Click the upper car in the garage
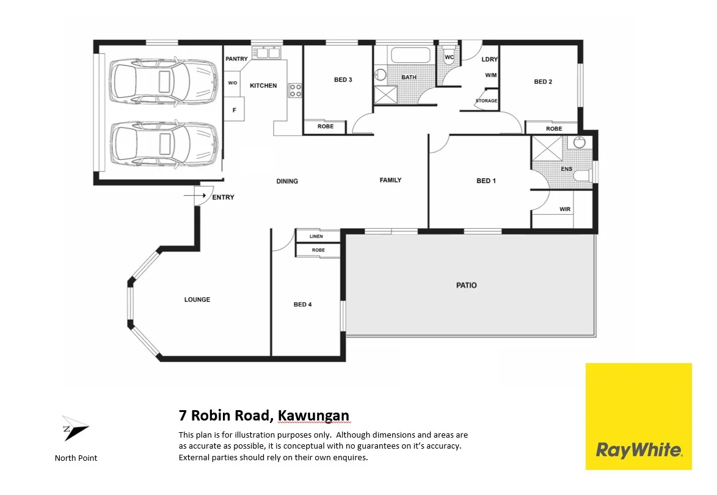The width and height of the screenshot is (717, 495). [x=163, y=82]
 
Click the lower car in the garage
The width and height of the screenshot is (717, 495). [x=163, y=145]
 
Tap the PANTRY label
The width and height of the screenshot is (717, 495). [x=236, y=59]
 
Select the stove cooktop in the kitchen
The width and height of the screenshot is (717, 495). [x=295, y=90]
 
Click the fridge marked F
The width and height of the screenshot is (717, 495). [x=233, y=110]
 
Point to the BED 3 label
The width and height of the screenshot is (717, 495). [x=343, y=80]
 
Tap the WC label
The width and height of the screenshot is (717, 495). [x=449, y=57]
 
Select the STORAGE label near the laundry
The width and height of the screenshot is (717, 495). [x=486, y=101]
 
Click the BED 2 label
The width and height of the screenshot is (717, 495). [x=543, y=82]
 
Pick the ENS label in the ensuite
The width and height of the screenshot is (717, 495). [x=567, y=169]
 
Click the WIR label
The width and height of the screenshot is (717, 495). [x=565, y=209]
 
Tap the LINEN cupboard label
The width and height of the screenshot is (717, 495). [x=316, y=236]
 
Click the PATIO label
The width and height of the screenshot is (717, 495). [x=467, y=285]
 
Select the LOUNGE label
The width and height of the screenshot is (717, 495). [x=197, y=300]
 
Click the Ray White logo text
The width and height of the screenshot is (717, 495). [x=638, y=450]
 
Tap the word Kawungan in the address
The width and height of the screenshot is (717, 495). [x=313, y=416]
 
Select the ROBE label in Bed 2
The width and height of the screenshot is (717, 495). [x=554, y=129]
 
